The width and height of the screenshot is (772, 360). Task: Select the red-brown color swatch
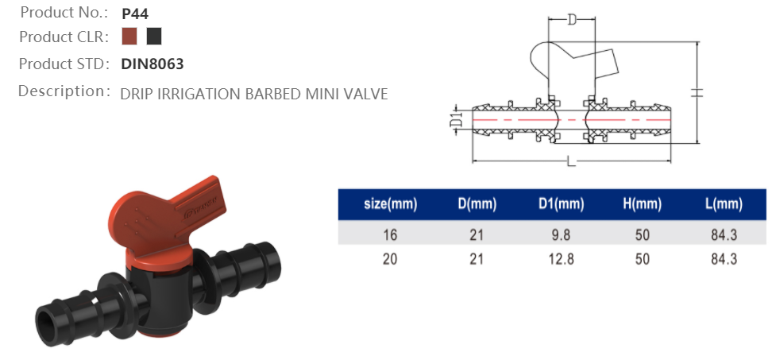pyautogui.click(x=130, y=37)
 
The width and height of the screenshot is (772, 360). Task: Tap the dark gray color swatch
pyautogui.click(x=154, y=37)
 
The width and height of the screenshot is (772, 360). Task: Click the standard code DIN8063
pyautogui.click(x=152, y=64)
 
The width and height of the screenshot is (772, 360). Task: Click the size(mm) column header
pyautogui.click(x=390, y=204)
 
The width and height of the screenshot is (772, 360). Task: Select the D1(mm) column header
pyautogui.click(x=560, y=204)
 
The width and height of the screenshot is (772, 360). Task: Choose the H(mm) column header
pyautogui.click(x=642, y=204)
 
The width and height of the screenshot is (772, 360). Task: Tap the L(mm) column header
pyautogui.click(x=724, y=204)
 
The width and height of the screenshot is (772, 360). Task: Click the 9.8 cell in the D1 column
pyautogui.click(x=560, y=234)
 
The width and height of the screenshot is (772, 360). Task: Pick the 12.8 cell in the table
pyautogui.click(x=560, y=259)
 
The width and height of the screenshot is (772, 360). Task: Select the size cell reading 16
pyautogui.click(x=389, y=234)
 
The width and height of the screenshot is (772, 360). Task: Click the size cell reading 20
pyautogui.click(x=389, y=259)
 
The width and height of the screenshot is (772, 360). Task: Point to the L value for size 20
pyautogui.click(x=724, y=259)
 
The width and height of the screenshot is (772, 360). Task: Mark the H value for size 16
pyautogui.click(x=642, y=234)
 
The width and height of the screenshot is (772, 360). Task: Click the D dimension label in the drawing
pyautogui.click(x=571, y=20)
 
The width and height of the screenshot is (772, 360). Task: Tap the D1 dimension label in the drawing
pyautogui.click(x=456, y=121)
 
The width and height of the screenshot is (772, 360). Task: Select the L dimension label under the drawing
pyautogui.click(x=571, y=163)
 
